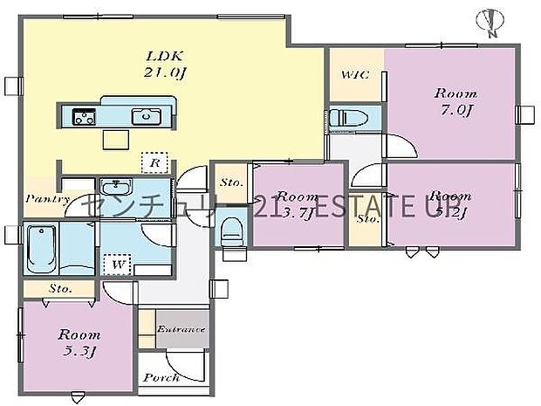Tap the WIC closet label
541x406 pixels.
click(354, 76)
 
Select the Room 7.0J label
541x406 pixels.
click(455, 101)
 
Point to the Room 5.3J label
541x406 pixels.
click(79, 342)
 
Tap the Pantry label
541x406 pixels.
click(47, 198)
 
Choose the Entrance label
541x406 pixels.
click(181, 329)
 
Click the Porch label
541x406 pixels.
click(161, 377)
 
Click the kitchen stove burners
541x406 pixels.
click(84, 116)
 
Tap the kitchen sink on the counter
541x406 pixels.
click(145, 116)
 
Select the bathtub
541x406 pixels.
click(42, 250)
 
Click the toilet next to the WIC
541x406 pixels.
click(353, 118)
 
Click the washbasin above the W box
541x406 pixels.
click(116, 187)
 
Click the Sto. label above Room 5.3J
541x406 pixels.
click(59, 287)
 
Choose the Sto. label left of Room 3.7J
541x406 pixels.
click(231, 182)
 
